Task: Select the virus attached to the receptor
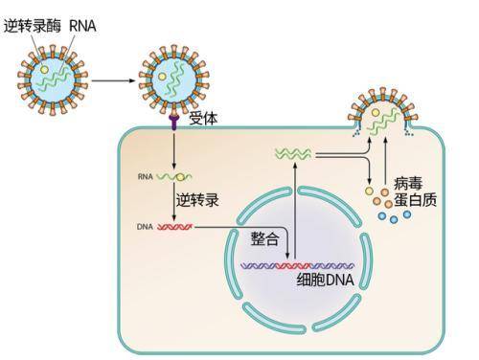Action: click(x=172, y=80)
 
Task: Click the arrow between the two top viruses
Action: click(x=113, y=79)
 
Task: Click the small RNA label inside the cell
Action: click(x=144, y=177)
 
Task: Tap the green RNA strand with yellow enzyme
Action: click(x=176, y=177)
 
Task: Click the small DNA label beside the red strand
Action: click(x=144, y=228)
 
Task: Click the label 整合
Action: click(x=265, y=236)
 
